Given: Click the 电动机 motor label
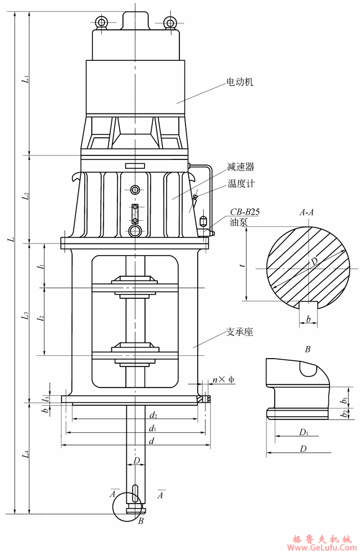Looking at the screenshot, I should click(x=240, y=82).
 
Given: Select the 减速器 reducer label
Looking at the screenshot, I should click(x=240, y=166).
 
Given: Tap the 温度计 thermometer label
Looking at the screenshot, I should click(x=241, y=183).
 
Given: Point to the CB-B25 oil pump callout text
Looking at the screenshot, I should click(x=245, y=211).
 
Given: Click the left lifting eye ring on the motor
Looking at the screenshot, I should click(x=101, y=22).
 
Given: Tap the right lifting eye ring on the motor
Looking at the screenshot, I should click(x=170, y=22).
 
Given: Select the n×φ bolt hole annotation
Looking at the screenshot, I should click(x=224, y=380).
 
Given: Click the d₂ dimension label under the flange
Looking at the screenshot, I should click(x=153, y=415).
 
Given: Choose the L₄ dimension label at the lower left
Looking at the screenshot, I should click(x=25, y=455).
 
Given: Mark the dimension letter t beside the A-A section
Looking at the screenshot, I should click(x=243, y=266).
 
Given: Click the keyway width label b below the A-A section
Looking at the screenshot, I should click(x=308, y=319).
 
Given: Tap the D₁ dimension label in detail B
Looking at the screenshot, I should click(x=303, y=432).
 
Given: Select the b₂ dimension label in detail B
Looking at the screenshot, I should click(x=344, y=413).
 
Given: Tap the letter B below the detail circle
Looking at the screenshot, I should click(x=141, y=521).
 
